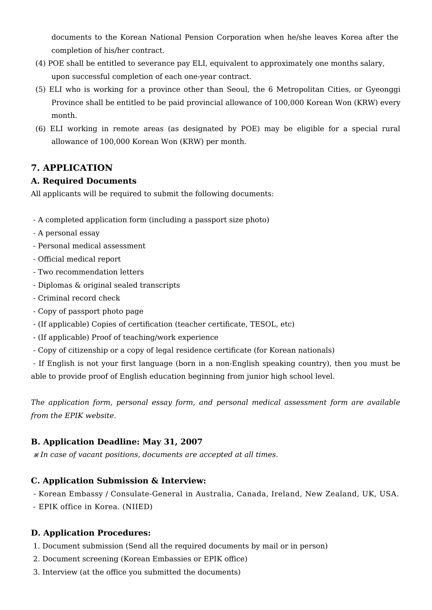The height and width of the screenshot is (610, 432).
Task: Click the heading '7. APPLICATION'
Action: click(x=72, y=168)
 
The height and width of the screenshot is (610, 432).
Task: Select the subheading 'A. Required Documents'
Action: click(x=84, y=181)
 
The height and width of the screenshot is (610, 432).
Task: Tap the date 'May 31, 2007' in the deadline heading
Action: click(x=172, y=442)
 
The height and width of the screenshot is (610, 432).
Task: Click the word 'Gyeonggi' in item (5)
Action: click(x=383, y=90)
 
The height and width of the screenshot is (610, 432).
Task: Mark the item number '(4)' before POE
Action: click(x=40, y=64)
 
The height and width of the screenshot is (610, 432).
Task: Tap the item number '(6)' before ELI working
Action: click(x=40, y=129)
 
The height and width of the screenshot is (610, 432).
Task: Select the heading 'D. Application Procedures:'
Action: click(x=91, y=533)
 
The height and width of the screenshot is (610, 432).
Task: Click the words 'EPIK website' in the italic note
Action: click(x=89, y=416)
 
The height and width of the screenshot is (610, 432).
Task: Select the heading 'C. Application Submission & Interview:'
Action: click(x=118, y=481)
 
